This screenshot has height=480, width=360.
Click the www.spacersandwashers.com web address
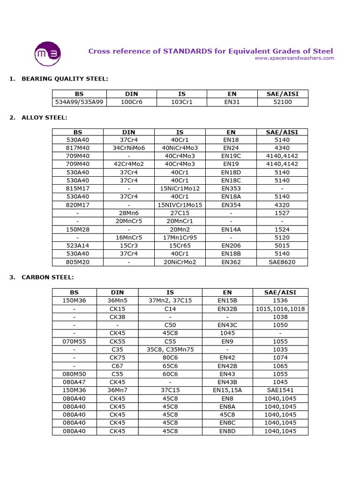tap(294, 58)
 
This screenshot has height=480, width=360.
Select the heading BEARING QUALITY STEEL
tap(65, 78)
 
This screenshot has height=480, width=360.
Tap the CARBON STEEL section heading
tap(47, 277)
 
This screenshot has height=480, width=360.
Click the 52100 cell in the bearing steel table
tap(282, 102)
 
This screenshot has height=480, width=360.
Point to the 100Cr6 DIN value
tap(129, 102)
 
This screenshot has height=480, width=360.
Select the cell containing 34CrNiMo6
tap(129, 148)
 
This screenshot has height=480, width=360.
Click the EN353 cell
tap(231, 188)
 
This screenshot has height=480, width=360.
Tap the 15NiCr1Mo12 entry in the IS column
tap(180, 188)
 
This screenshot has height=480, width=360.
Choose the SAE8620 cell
tap(282, 262)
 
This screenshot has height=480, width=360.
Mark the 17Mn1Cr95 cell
tap(180, 238)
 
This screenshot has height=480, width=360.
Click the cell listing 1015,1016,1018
tap(280, 309)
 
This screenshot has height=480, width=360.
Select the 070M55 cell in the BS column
tap(75, 342)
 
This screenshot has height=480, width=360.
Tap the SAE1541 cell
tap(280, 390)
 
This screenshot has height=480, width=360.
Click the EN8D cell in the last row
tap(227, 431)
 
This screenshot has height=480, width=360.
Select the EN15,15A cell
tap(227, 390)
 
